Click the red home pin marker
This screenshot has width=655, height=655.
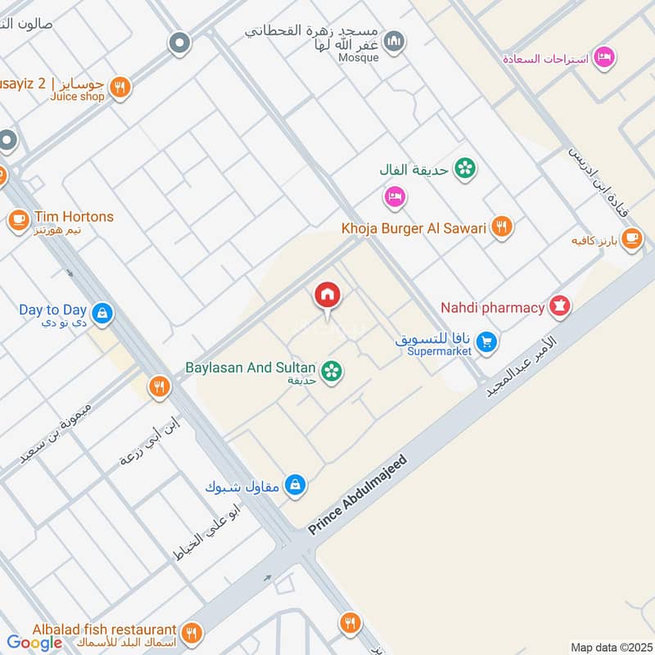pyautogui.click(x=327, y=296)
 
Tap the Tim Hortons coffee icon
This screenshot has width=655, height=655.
pyautogui.click(x=18, y=219)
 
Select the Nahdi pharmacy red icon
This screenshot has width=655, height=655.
pyautogui.click(x=560, y=307)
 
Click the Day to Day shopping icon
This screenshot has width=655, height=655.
pyautogui.click(x=102, y=312)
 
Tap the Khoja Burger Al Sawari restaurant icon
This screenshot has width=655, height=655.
pyautogui.click(x=502, y=228)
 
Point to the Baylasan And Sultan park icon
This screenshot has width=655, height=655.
pyautogui.click(x=332, y=372)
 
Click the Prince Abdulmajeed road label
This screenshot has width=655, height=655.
pyautogui.click(x=357, y=496)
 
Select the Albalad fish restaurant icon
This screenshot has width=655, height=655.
pyautogui.click(x=192, y=631)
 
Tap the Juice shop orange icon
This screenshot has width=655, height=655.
pyautogui.click(x=120, y=87)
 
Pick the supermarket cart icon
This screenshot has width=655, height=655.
pyautogui.click(x=487, y=342)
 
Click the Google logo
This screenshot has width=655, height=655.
pyautogui.click(x=34, y=643)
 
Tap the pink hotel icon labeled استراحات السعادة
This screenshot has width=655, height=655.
pyautogui.click(x=605, y=57)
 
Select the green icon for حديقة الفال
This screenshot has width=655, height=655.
pyautogui.click(x=465, y=169)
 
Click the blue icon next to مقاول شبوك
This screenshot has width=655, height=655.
pyautogui.click(x=296, y=485)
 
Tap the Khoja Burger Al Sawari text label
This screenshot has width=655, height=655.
pyautogui.click(x=414, y=228)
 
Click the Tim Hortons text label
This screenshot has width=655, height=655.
pyautogui.click(x=74, y=217)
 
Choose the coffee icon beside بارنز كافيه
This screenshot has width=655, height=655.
pyautogui.click(x=631, y=238)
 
